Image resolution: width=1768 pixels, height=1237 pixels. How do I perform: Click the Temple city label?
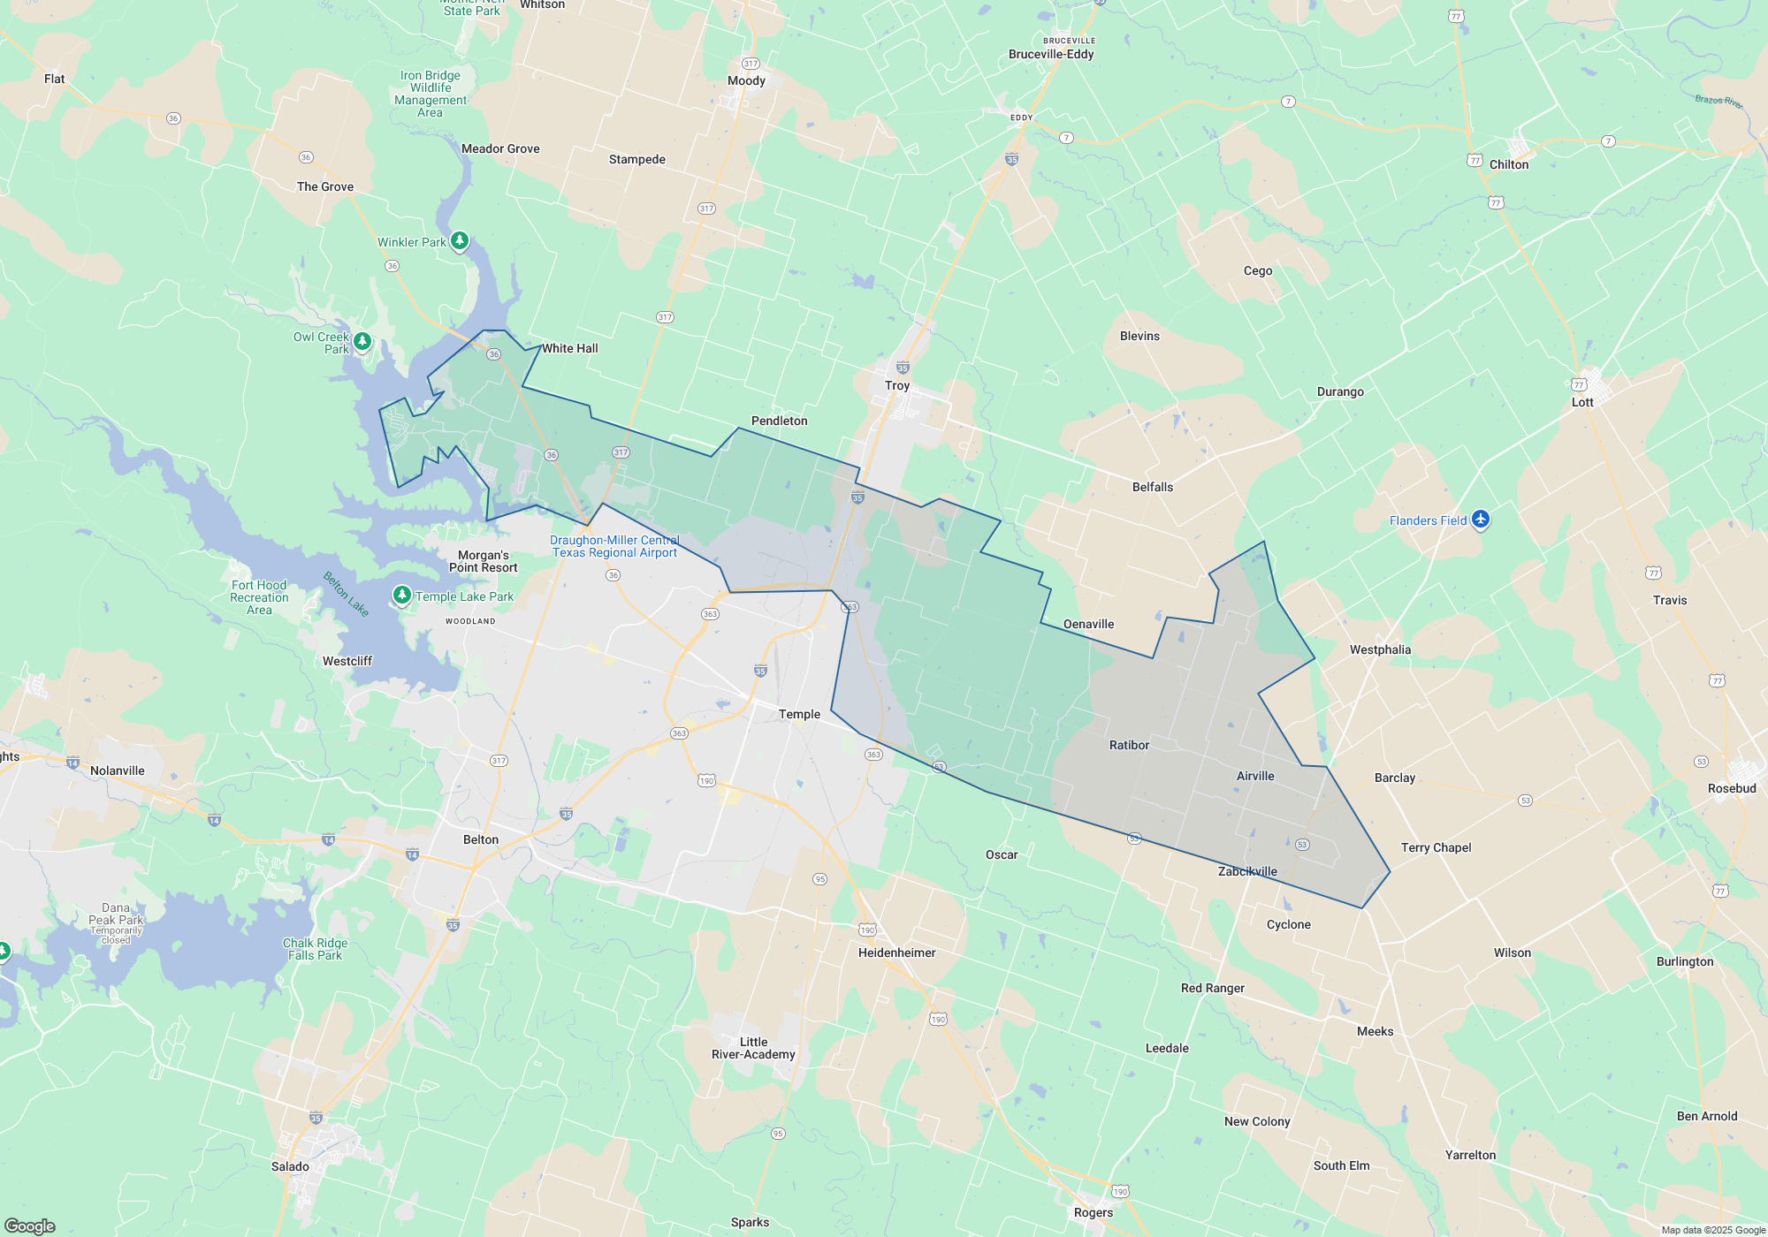[x=799, y=714]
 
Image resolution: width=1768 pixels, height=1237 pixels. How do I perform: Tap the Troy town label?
[x=896, y=385]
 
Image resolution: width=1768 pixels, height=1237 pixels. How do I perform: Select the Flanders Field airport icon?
[x=1481, y=520]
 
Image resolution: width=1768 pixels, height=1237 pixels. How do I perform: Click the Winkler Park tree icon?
[x=459, y=240]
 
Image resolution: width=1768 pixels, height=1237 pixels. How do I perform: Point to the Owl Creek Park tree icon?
[x=362, y=341]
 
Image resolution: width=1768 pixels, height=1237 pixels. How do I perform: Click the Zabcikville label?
[x=1247, y=871]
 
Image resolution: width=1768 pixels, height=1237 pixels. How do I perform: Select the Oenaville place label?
[x=1088, y=624]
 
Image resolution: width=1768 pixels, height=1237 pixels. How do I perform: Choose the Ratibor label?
[x=1129, y=745]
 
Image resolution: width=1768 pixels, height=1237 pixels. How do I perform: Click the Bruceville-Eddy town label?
[x=1051, y=54]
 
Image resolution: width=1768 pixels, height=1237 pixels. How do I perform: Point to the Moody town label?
[x=746, y=80]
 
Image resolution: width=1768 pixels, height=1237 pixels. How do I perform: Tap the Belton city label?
[x=481, y=839]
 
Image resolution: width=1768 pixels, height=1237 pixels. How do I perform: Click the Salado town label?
[x=290, y=1166]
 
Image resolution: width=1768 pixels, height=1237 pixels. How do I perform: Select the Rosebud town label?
[x=1732, y=788]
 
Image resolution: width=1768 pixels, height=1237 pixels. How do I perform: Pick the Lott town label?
[x=1582, y=402]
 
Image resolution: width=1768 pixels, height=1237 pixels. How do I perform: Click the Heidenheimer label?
[x=896, y=952]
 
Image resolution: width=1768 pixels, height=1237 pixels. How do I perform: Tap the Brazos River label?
[x=1718, y=101]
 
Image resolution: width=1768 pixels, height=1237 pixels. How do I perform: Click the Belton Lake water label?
[x=346, y=594]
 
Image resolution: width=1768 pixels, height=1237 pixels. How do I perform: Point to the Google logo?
[x=30, y=1226]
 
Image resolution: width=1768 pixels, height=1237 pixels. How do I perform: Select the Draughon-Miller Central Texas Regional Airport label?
[x=614, y=546]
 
